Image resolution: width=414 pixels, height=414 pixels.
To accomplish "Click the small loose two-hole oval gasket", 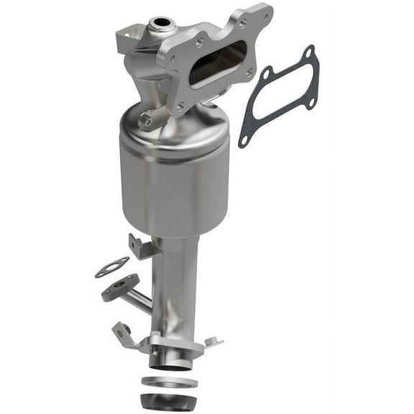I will pyautogui.click(x=111, y=267).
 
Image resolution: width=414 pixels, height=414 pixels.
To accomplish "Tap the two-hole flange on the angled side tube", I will pyautogui.click(x=119, y=287).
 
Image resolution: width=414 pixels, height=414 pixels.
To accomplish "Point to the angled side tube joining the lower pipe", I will pyautogui.click(x=140, y=300).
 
